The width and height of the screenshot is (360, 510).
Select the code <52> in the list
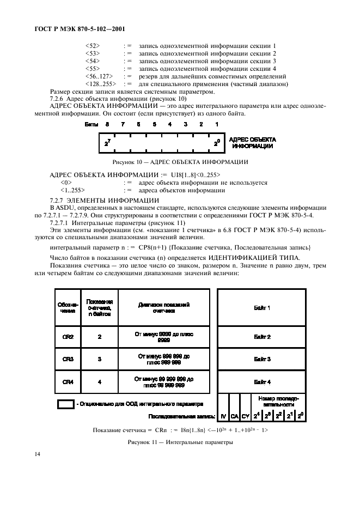coord(93,46)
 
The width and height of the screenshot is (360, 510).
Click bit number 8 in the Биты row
coord(107,124)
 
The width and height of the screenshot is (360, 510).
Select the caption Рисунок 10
coord(180,162)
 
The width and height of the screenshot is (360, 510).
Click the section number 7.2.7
coord(58,201)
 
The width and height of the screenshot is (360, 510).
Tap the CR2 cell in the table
coord(68,336)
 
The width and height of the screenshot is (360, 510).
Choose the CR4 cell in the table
coord(68,381)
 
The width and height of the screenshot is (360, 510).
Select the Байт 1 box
coord(262,308)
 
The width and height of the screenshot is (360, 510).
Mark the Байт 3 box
coord(262,359)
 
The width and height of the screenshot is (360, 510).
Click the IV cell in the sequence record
coord(223,416)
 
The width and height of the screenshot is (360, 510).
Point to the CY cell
coord(245,416)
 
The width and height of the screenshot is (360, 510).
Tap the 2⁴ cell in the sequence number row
coord(257,416)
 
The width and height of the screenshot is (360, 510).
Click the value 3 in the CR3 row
coord(100,359)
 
